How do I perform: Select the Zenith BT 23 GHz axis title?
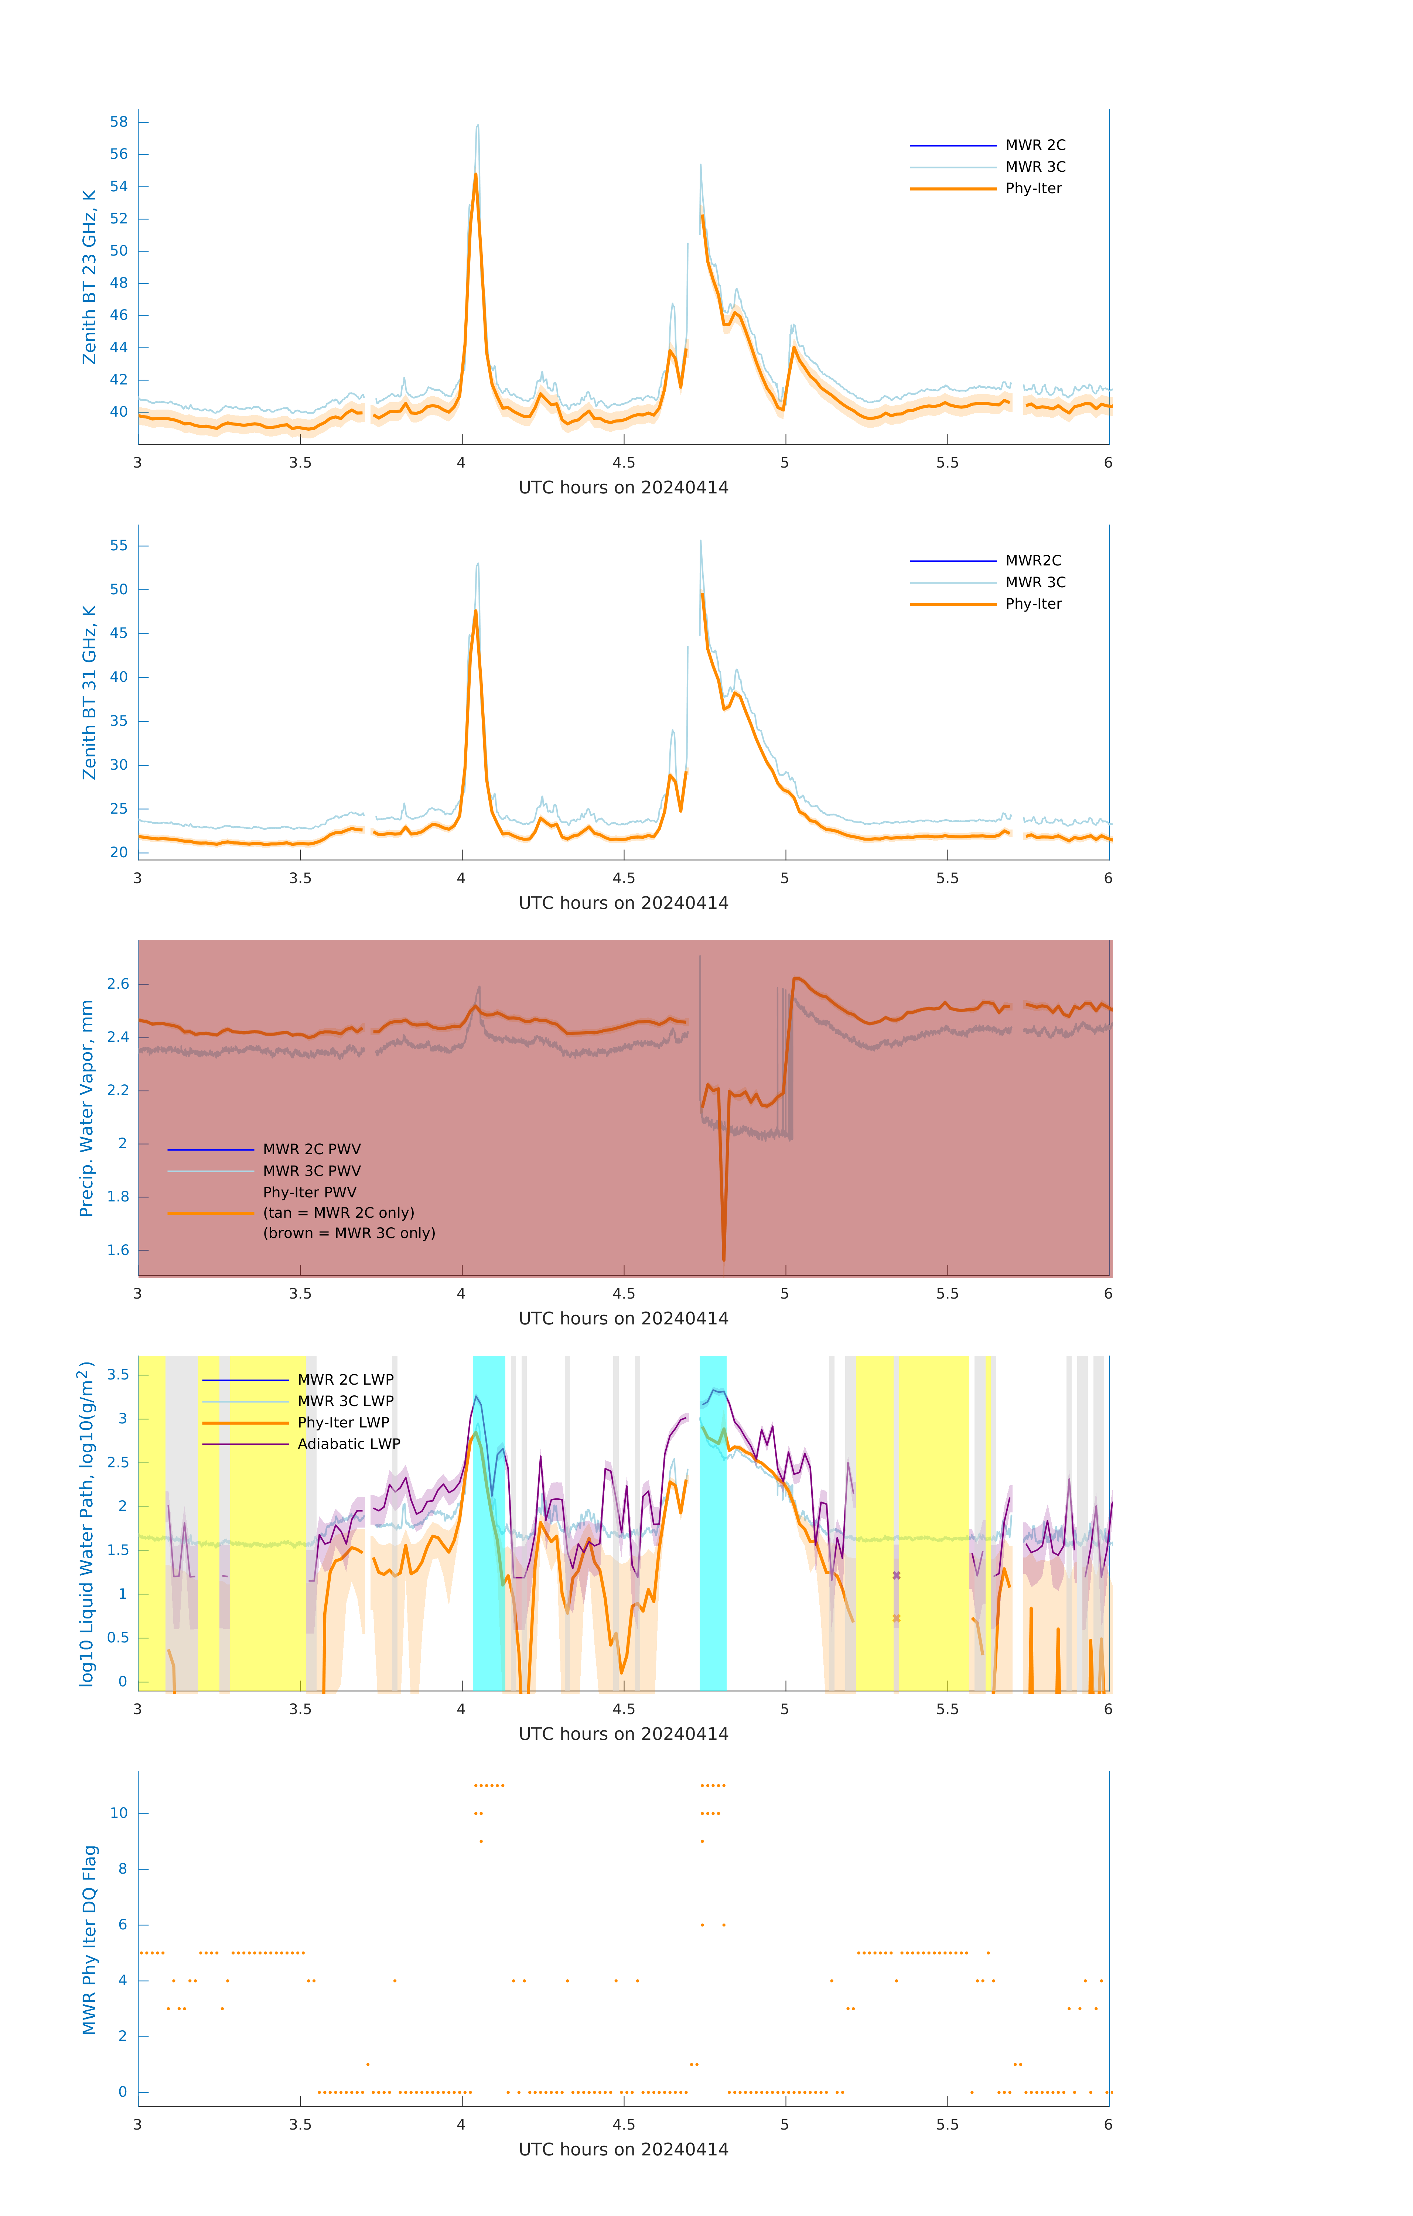[x=89, y=277]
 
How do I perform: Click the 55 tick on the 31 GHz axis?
[x=119, y=546]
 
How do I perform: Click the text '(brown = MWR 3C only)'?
[x=349, y=1233]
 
